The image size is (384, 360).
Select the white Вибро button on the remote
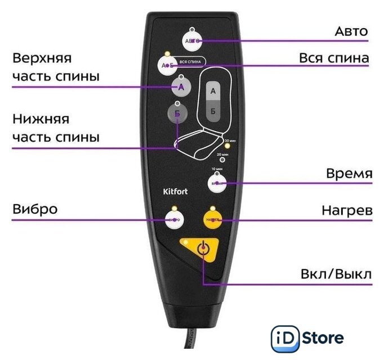tap(175, 220)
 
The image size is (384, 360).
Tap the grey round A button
tap(181, 87)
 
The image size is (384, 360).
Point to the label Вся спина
tap(333, 58)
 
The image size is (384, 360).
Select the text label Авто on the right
tap(351, 31)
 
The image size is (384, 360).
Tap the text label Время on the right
tap(349, 174)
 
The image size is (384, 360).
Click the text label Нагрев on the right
tap(347, 210)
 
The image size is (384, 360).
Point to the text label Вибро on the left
tap(34, 209)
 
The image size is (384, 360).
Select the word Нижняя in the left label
tap(40, 120)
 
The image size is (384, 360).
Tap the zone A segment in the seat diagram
tap(212, 90)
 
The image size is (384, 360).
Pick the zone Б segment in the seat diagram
tap(212, 111)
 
